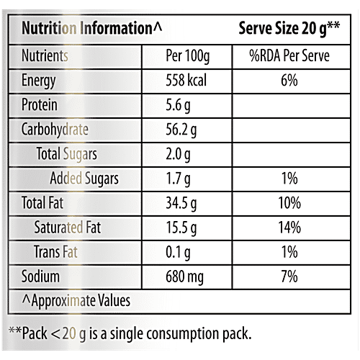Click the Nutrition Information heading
[92, 29]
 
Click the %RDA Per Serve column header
[289, 55]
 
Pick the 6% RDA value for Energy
[289, 81]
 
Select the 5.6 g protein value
[180, 105]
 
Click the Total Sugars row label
[66, 154]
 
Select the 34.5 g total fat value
[184, 204]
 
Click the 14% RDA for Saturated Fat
[289, 228]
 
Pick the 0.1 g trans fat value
[180, 252]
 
